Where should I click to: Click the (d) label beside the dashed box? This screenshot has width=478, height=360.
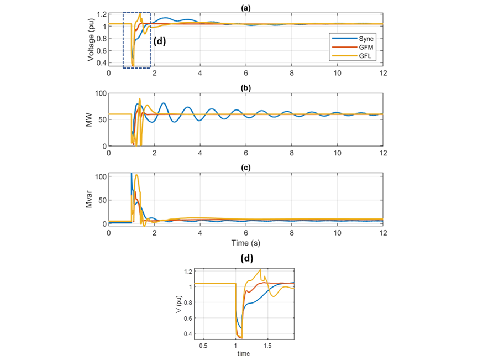point(159,41)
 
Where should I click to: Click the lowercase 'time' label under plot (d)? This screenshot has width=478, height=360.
point(244,353)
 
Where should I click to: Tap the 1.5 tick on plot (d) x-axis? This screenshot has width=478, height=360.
point(267,346)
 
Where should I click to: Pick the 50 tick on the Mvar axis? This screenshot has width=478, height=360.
point(101,200)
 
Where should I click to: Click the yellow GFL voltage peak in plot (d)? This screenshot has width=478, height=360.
point(260,270)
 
